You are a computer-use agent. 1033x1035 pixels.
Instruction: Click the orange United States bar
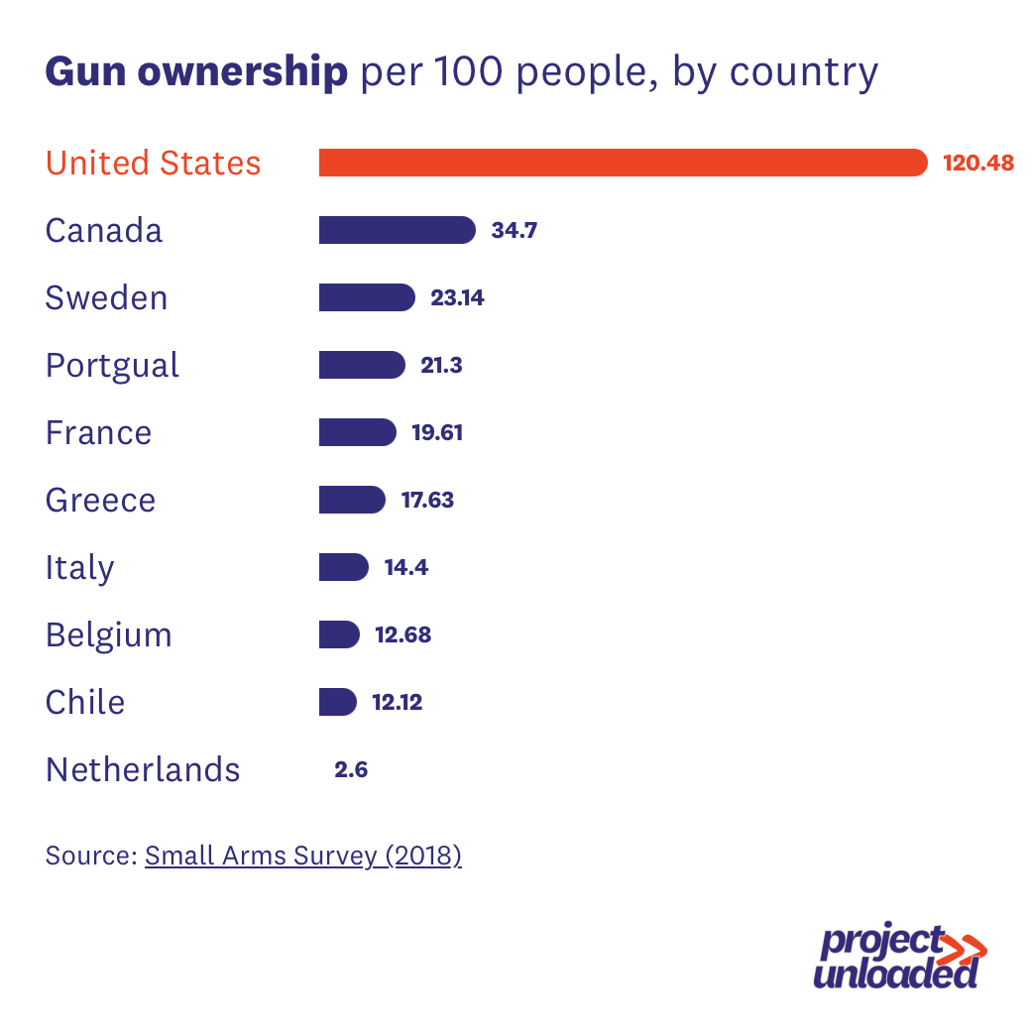point(623,163)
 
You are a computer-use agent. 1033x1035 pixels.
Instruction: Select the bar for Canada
point(397,230)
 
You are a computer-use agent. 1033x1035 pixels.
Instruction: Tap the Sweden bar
point(366,297)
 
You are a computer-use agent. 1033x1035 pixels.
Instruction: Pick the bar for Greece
point(351,500)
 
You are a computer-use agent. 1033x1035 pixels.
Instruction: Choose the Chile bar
point(337,702)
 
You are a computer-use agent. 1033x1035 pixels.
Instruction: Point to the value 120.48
point(978,163)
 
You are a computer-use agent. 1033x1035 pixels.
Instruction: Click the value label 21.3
point(441,365)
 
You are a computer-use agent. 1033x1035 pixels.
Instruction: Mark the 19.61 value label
point(436,432)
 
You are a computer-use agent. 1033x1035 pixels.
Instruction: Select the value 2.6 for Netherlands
point(351,769)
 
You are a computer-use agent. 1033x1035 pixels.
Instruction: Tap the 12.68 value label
point(402,634)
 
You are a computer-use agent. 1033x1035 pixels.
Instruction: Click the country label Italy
point(79,568)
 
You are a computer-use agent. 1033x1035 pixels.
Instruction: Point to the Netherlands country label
point(143,769)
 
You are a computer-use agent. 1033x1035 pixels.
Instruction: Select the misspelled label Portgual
point(112,366)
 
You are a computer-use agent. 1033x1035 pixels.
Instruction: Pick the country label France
point(98,433)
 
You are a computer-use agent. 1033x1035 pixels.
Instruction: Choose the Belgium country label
point(108,635)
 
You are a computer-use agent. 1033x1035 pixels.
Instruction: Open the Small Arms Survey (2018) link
point(302,856)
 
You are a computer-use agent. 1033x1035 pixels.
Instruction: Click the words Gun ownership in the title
point(196,72)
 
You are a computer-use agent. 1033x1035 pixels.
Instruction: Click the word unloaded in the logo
point(895,973)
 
